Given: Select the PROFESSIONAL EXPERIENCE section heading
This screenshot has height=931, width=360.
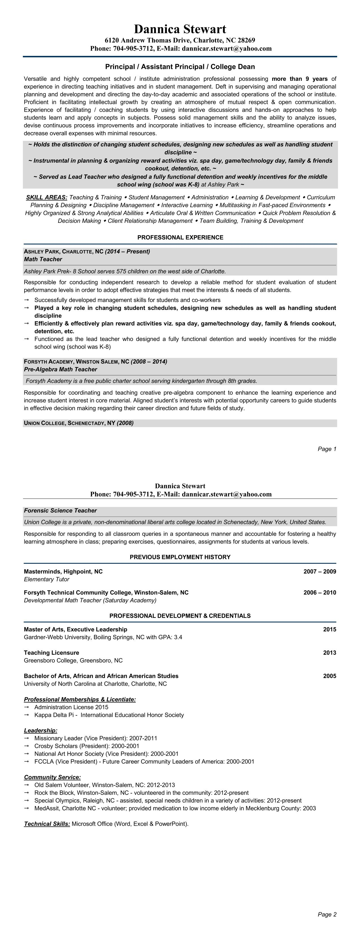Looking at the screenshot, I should tap(180, 237).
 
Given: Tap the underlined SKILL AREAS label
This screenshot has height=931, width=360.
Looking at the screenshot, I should tap(47, 197).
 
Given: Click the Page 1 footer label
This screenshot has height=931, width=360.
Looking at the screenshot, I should tap(327, 449).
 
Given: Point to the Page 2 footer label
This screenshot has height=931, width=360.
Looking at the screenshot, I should tap(327, 914).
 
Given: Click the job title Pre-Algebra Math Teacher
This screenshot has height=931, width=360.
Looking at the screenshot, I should tap(60, 369).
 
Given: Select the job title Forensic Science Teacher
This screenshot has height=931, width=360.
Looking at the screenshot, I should tap(60, 511).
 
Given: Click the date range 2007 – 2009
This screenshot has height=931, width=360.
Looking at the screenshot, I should tap(320, 571).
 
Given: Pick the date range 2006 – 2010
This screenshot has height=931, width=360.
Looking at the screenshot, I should tap(320, 592).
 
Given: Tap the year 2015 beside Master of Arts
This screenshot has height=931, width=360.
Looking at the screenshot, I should tap(329, 629).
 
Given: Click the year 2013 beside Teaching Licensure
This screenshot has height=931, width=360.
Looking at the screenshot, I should tap(329, 653).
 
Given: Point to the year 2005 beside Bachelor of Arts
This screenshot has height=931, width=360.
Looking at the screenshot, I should tap(329, 676).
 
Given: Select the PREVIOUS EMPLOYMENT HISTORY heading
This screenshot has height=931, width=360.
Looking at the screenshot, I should tap(180, 557).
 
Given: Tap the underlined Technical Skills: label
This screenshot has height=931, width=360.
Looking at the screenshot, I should tap(47, 824).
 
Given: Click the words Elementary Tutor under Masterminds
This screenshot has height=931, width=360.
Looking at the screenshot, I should tap(46, 579).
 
